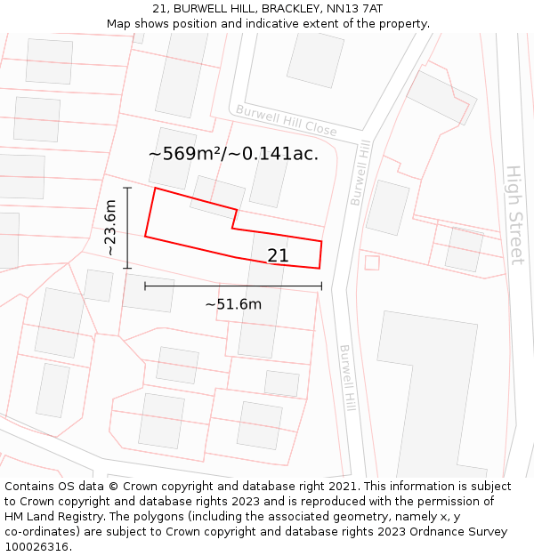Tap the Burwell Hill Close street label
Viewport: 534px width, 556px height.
[x=286, y=120]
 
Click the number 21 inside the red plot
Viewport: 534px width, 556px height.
[x=278, y=255]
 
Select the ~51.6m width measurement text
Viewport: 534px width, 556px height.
[x=233, y=304]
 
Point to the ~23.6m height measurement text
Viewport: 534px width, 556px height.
[x=110, y=228]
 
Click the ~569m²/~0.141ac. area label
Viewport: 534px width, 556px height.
[x=233, y=154]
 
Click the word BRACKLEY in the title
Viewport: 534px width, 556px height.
[x=261, y=8]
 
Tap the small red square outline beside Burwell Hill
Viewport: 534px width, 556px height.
[x=372, y=262]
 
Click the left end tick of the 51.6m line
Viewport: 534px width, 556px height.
[x=145, y=286]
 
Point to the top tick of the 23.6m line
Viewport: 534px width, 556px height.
[x=127, y=188]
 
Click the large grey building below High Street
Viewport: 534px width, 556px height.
[x=426, y=391]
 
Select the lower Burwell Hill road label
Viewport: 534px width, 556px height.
[x=347, y=378]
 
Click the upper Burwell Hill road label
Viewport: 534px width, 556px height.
[x=359, y=173]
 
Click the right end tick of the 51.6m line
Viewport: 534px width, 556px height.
[x=321, y=286]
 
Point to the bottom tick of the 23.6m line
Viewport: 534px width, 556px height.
[x=127, y=268]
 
